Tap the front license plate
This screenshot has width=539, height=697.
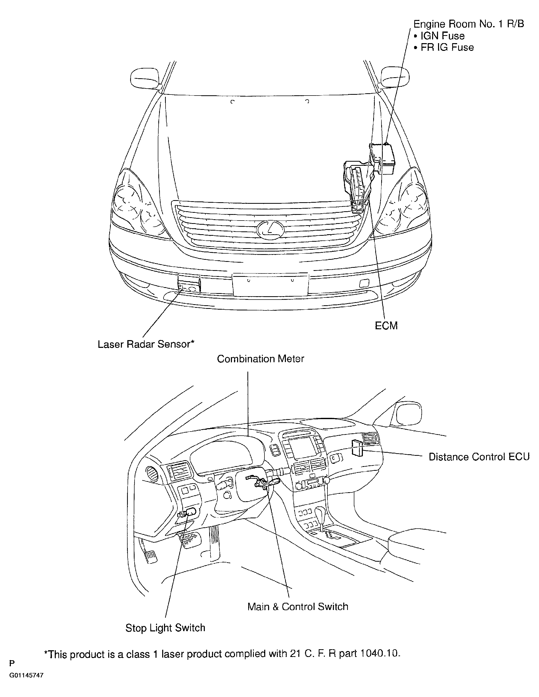(x=270, y=284)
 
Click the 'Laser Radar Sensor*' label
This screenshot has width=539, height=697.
(x=146, y=344)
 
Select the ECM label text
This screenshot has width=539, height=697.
(x=386, y=326)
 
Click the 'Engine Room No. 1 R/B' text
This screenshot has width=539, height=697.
(x=468, y=24)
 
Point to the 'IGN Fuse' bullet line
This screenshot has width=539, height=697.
(x=439, y=36)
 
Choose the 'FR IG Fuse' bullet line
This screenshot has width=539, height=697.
(x=444, y=47)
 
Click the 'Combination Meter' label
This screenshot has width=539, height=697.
(x=260, y=359)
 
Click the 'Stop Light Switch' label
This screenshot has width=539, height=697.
(x=165, y=628)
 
